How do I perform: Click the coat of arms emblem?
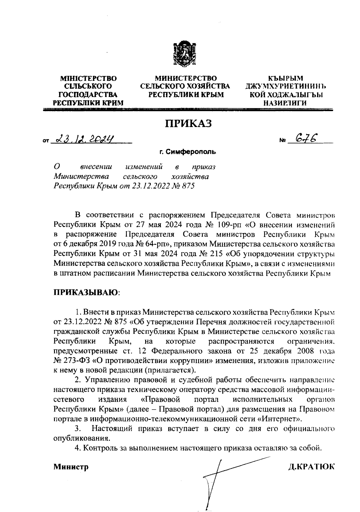(x=185, y=54)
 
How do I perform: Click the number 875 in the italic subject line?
(x=188, y=186)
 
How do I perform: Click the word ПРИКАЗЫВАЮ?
(x=85, y=292)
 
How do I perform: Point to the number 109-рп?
(x=230, y=225)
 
